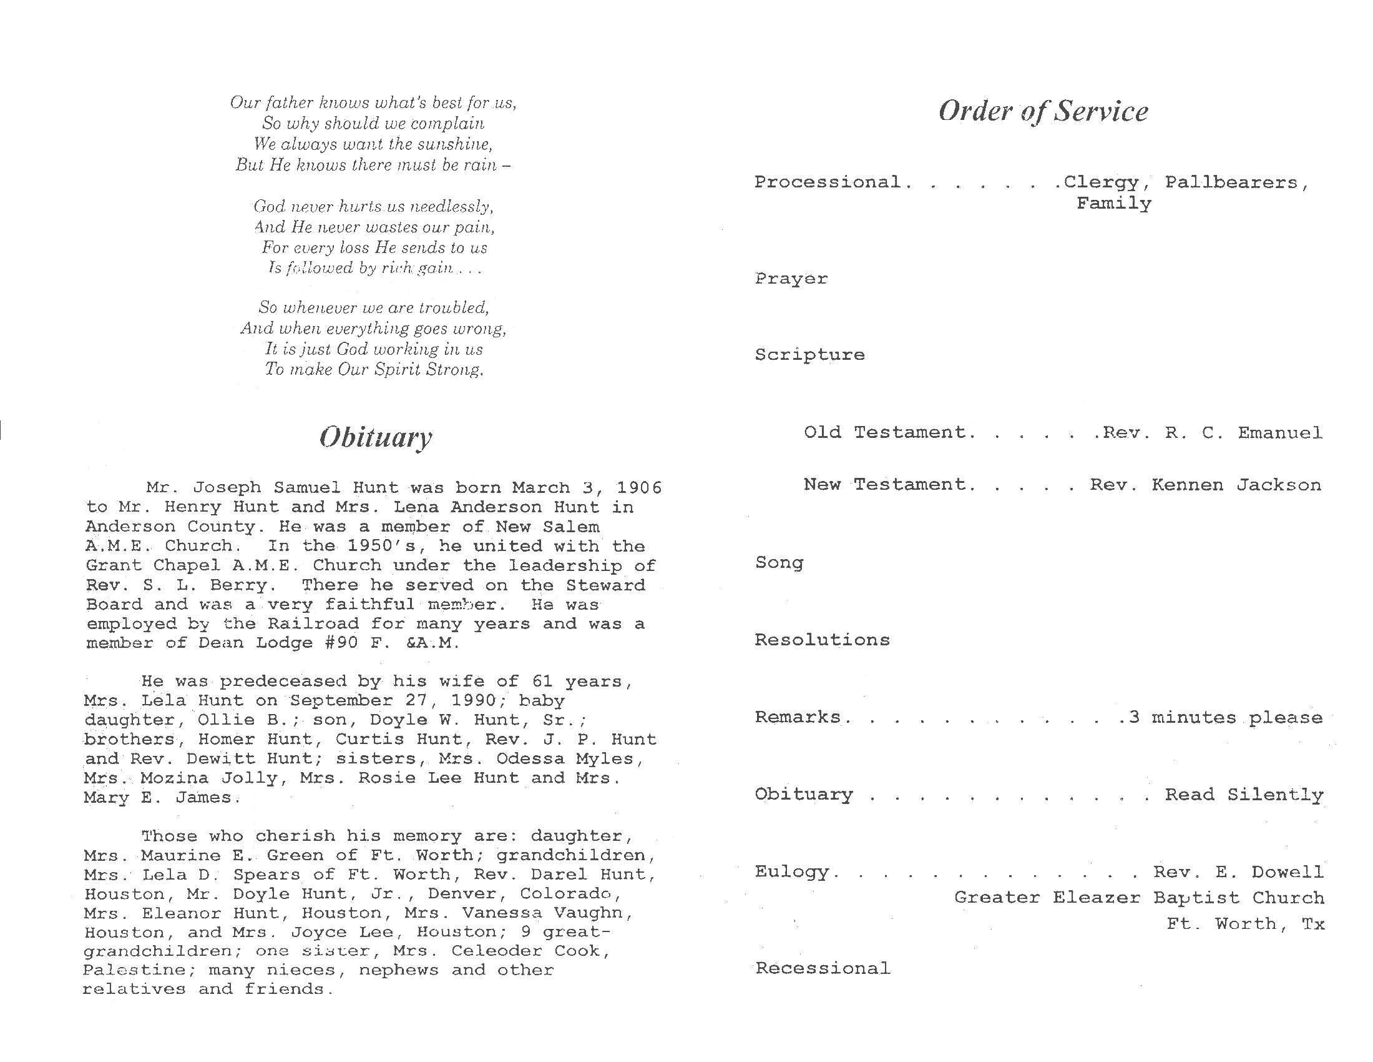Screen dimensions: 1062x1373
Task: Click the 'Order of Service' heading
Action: click(1043, 111)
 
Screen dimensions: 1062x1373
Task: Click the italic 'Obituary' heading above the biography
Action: click(375, 437)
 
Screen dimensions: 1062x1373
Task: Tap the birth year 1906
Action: click(638, 488)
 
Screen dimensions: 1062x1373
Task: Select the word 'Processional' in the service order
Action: click(828, 182)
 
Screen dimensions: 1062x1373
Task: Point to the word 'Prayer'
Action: click(791, 279)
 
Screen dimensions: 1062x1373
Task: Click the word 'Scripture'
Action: click(809, 355)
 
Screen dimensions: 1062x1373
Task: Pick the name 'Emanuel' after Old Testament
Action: click(1280, 433)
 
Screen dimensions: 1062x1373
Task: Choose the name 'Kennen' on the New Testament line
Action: click(1187, 485)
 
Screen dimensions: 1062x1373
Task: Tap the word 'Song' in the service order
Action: click(779, 562)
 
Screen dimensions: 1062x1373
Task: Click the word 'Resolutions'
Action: click(822, 640)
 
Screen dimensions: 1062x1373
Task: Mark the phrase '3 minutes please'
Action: click(1225, 718)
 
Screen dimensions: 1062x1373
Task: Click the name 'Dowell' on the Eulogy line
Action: click(1287, 872)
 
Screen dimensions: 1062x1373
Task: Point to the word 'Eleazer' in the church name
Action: click(1097, 898)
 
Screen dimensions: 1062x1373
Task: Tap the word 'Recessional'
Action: click(823, 968)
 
